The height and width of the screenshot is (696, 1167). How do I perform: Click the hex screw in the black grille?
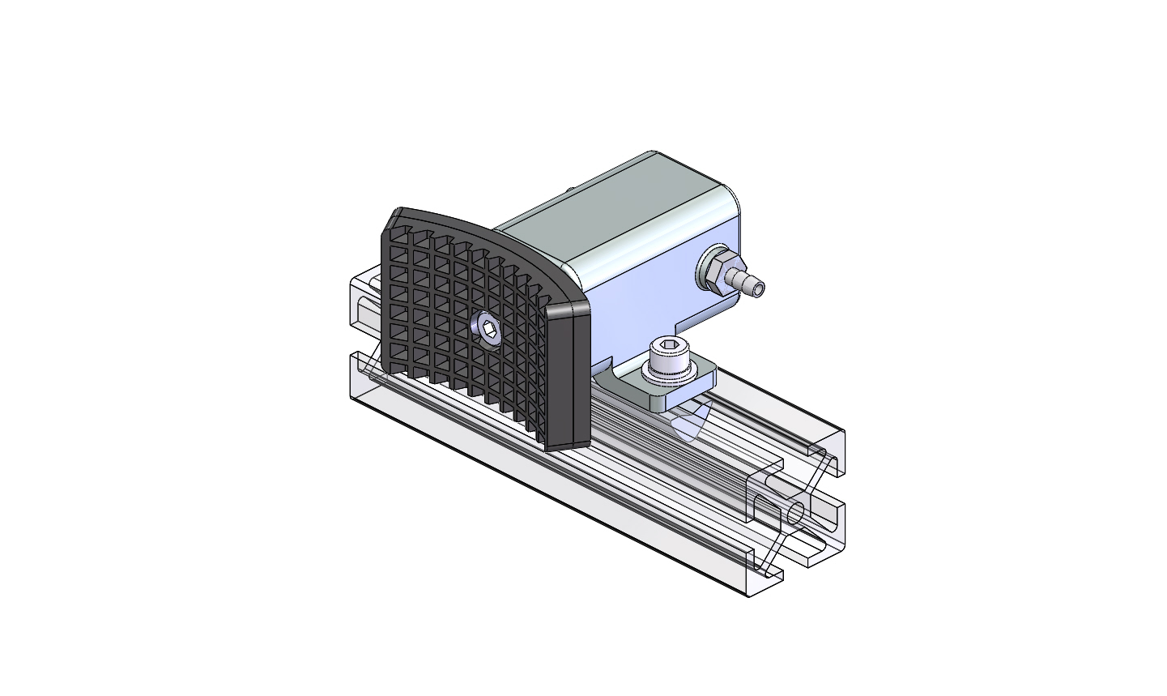point(487,328)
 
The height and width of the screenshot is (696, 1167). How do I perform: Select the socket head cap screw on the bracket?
point(669,358)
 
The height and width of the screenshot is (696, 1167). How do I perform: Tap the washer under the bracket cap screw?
point(671,374)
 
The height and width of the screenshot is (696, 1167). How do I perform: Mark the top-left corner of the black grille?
point(397,215)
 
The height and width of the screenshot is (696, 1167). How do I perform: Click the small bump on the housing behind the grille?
point(570,190)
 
